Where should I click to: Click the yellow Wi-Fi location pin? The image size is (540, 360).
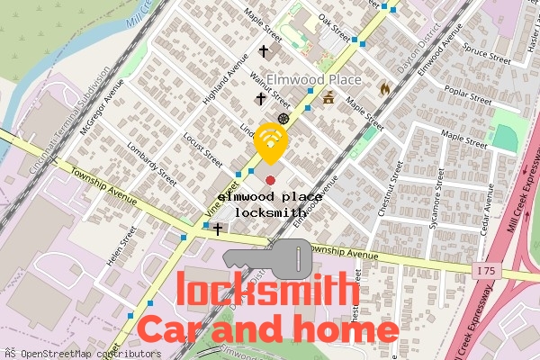pyautogui.click(x=271, y=139)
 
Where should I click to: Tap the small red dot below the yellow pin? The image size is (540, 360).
pyautogui.click(x=271, y=181)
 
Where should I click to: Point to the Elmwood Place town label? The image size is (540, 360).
pyautogui.click(x=313, y=80)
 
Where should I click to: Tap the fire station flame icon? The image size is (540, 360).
pyautogui.click(x=385, y=89)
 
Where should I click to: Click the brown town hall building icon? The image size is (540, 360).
pyautogui.click(x=328, y=98)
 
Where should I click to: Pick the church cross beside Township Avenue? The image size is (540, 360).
pyautogui.click(x=218, y=229)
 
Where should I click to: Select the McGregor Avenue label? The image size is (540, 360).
pyautogui.click(x=102, y=111)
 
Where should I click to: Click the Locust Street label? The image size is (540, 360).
pyautogui.click(x=202, y=148)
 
